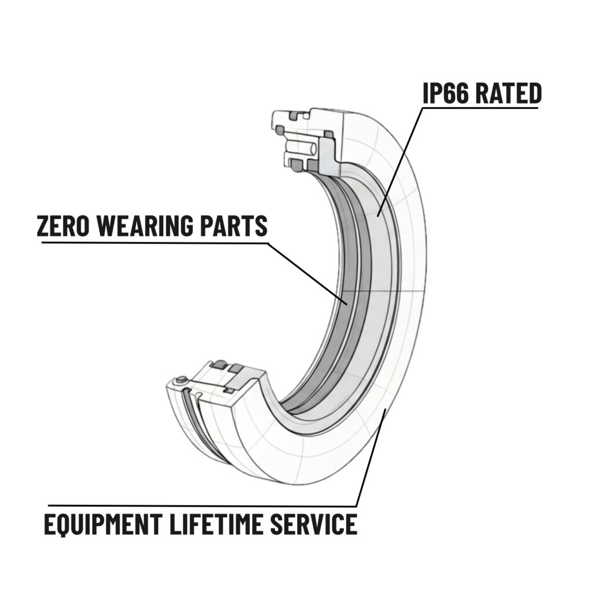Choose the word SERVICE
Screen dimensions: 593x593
(316, 524)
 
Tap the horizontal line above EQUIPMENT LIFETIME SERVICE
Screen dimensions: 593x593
(203, 506)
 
